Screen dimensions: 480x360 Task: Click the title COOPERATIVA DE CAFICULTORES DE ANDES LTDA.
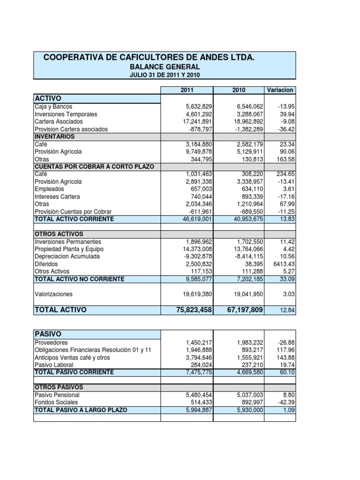point(149,57)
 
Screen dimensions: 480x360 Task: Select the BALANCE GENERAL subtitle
point(165,67)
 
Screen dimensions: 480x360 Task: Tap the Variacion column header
point(279,90)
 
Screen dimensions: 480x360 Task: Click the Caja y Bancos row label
point(53,107)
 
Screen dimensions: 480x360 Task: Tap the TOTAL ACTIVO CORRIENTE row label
point(74,219)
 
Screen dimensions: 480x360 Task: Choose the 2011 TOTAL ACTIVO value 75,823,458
point(187,310)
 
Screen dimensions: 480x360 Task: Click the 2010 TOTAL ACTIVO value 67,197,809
point(238,310)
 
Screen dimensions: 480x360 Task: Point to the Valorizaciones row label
point(54,294)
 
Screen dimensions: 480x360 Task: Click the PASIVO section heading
point(48,334)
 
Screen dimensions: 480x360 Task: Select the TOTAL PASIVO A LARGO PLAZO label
point(81,410)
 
